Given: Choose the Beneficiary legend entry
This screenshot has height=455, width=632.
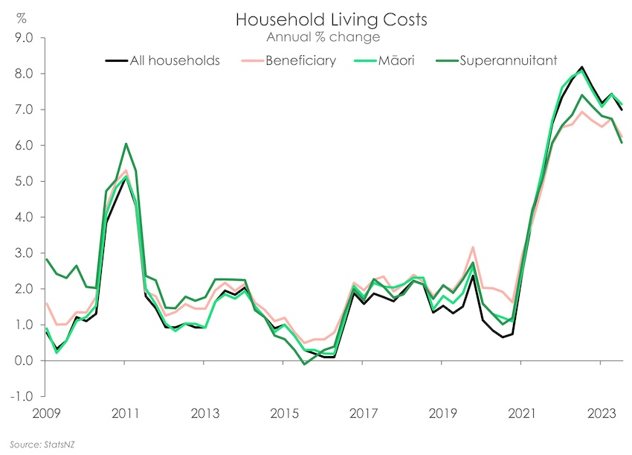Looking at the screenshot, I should point(297,60).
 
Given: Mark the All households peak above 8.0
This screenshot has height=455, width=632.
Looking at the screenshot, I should point(581,67).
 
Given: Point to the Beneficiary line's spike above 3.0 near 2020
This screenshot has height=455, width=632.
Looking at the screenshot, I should point(473,247).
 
